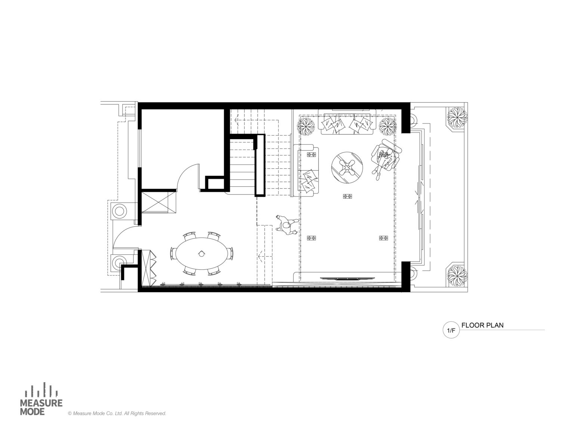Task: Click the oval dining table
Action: pyautogui.click(x=201, y=253)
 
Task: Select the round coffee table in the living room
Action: pyautogui.click(x=347, y=168)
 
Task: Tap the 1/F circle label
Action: pyautogui.click(x=451, y=330)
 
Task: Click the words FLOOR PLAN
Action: pyautogui.click(x=482, y=325)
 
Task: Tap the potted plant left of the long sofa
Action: pyautogui.click(x=306, y=126)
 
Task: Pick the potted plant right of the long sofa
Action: pyautogui.click(x=388, y=126)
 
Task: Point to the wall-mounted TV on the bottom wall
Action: pyautogui.click(x=348, y=278)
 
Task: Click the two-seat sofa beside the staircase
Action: pyautogui.click(x=306, y=170)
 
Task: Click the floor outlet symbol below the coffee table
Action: pyautogui.click(x=347, y=196)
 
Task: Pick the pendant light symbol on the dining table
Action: pyautogui.click(x=201, y=253)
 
